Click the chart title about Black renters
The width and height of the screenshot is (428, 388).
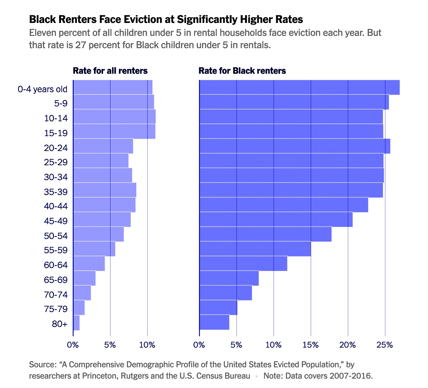pyautogui.click(x=166, y=19)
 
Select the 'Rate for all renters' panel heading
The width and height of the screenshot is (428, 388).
pyautogui.click(x=110, y=71)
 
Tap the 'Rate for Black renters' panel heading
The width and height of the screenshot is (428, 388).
pyautogui.click(x=242, y=71)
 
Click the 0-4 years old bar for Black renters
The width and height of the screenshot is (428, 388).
pyautogui.click(x=299, y=87)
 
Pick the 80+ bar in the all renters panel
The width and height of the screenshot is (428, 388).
pyautogui.click(x=76, y=323)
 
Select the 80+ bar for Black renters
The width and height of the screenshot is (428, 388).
pyautogui.click(x=214, y=322)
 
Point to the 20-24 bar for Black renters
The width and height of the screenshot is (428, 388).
pyautogui.click(x=295, y=146)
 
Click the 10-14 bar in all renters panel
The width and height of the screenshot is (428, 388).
pyautogui.click(x=114, y=117)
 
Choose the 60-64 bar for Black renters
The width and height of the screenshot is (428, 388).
pyautogui.click(x=243, y=264)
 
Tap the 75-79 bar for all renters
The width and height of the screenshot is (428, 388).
pyautogui.click(x=79, y=307)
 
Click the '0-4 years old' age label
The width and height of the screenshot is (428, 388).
pyautogui.click(x=43, y=89)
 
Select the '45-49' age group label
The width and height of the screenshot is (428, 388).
pyautogui.click(x=56, y=221)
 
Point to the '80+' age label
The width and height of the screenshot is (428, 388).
pyautogui.click(x=60, y=324)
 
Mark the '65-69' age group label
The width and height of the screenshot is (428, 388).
pyautogui.click(x=56, y=280)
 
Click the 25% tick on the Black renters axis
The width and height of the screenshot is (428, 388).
pyautogui.click(x=385, y=345)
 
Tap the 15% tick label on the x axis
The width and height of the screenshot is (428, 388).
pyautogui.click(x=311, y=345)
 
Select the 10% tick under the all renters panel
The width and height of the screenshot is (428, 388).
pyautogui.click(x=147, y=345)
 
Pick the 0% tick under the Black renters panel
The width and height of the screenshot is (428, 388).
pyautogui.click(x=199, y=345)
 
